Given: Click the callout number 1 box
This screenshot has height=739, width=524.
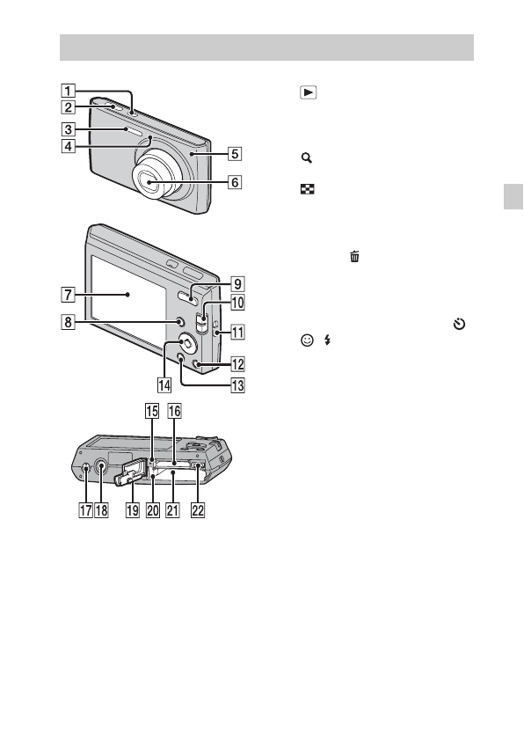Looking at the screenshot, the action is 68,91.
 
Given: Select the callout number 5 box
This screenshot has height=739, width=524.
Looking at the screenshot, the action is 235,154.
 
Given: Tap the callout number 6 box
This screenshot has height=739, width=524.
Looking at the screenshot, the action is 235,182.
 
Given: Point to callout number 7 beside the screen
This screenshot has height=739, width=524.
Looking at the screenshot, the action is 68,295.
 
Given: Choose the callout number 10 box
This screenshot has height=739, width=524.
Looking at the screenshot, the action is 237,302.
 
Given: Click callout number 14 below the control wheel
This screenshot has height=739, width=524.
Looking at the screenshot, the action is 164,385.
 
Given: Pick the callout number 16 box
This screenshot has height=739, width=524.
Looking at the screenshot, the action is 174,411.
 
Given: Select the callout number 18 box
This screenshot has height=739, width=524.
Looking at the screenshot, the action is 102,510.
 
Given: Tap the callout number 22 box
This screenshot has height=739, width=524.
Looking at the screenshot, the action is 198,510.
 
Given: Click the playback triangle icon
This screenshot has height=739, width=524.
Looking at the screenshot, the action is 309,92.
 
